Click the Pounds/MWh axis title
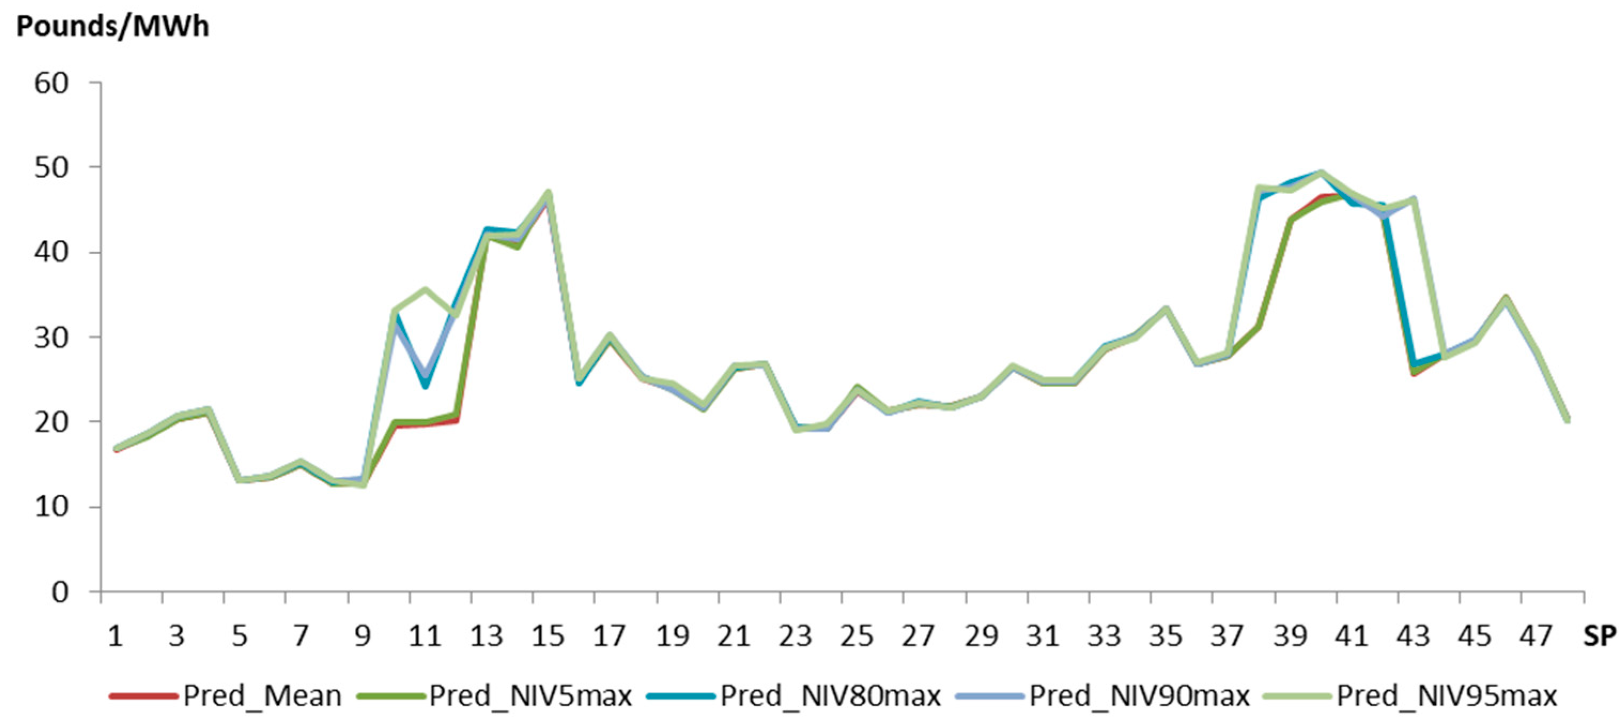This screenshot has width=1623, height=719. [112, 27]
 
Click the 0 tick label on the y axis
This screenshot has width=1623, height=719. [60, 592]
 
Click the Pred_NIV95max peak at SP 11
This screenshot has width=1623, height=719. [426, 289]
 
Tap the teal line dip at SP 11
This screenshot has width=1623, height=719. [426, 386]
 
